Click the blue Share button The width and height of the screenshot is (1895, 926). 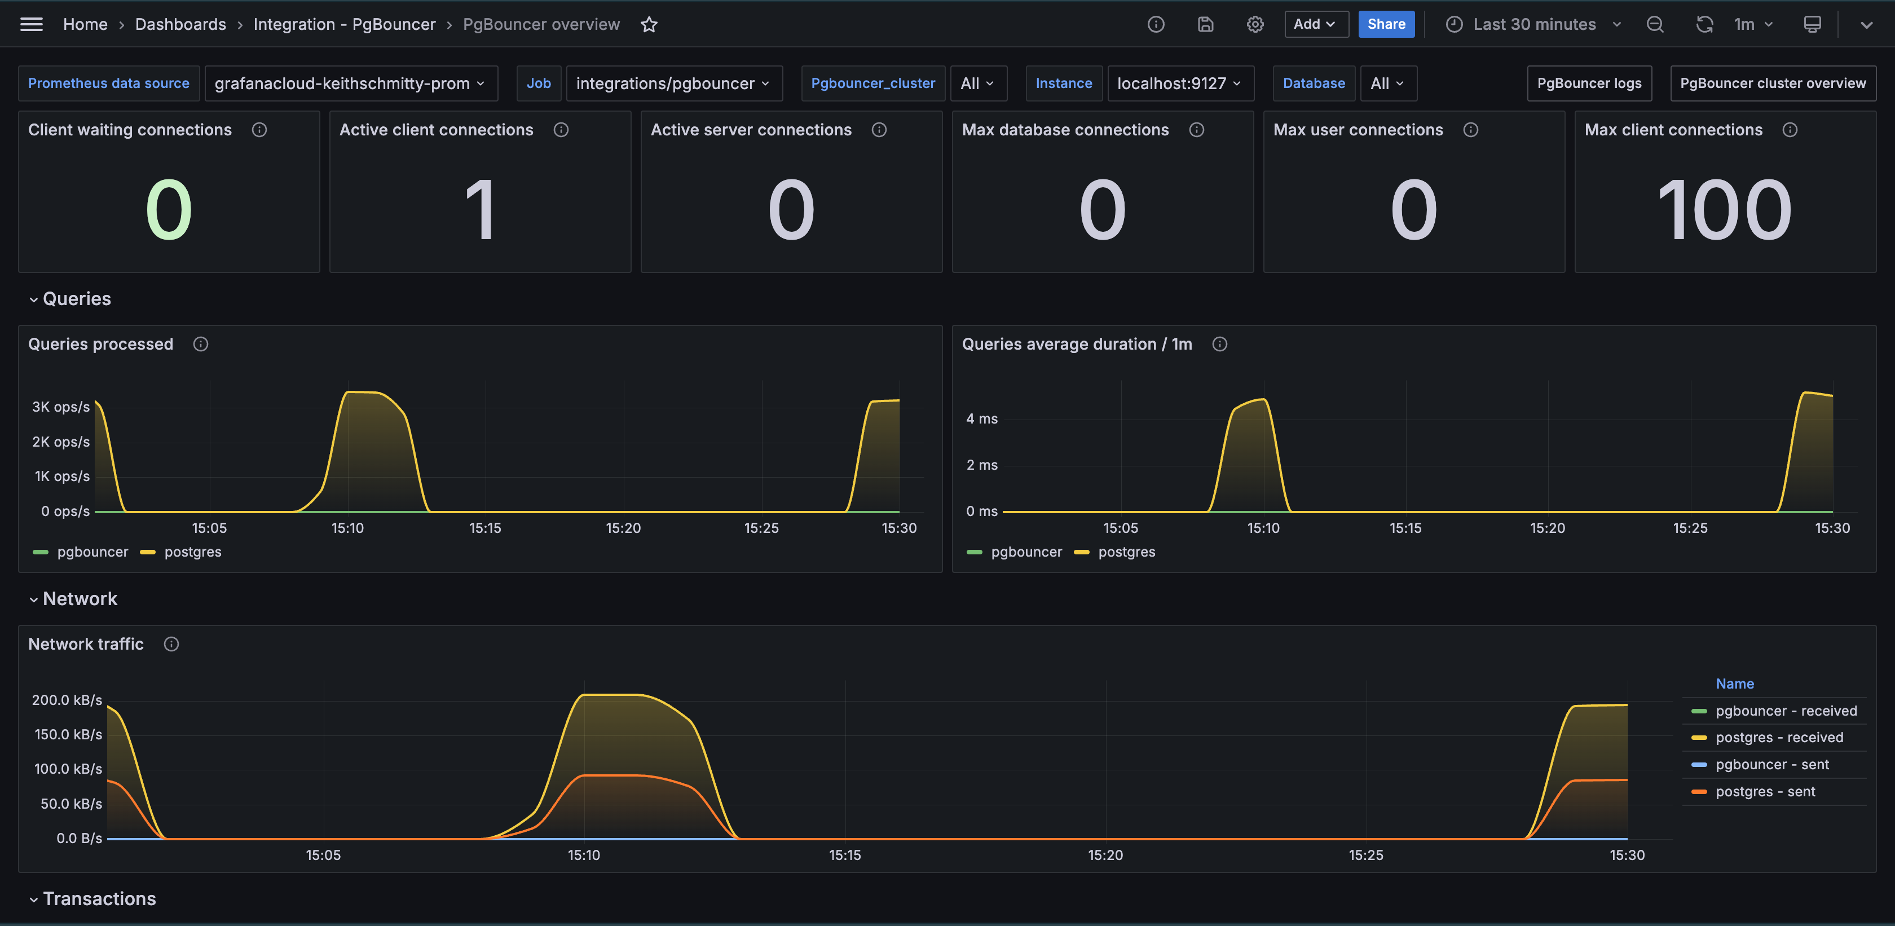(1386, 24)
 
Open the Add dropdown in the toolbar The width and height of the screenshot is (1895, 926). (1315, 24)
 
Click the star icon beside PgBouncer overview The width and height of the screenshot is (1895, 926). (649, 25)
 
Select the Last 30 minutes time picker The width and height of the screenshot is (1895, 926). (1534, 24)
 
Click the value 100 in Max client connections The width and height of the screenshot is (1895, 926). (1724, 211)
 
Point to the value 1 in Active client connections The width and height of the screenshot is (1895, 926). (479, 211)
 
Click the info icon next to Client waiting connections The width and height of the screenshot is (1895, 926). (259, 130)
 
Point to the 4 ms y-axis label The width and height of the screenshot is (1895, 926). (981, 419)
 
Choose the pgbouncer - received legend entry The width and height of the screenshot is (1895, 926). (1786, 711)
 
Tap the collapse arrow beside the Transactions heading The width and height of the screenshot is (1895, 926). (34, 899)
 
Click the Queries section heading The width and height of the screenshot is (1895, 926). (77, 299)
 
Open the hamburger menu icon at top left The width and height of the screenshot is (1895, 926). (32, 24)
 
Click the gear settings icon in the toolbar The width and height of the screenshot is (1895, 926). (1255, 24)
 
